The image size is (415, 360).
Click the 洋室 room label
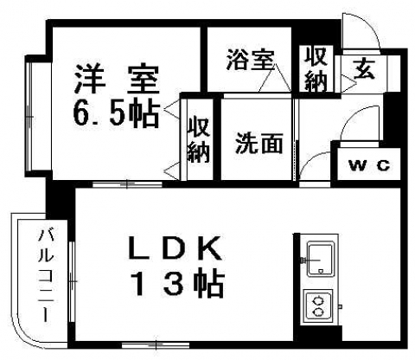[x=117, y=80]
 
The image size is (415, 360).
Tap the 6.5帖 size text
[x=117, y=113]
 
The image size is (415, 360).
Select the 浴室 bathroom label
[x=250, y=60]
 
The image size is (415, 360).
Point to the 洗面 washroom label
[x=259, y=143]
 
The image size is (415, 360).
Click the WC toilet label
[x=369, y=165]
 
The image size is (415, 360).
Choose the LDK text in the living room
[x=176, y=248]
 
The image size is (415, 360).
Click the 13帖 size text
[x=178, y=284]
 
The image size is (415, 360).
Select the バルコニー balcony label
[x=46, y=275]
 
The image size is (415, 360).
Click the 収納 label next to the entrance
[x=316, y=69]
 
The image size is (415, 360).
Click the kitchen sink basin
[x=320, y=260]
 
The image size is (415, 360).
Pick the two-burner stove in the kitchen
[x=318, y=305]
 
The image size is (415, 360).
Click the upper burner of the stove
[x=318, y=301]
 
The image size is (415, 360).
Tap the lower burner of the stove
[x=318, y=312]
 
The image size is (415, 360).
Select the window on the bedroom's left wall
[x=29, y=116]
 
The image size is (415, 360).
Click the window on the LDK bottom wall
[x=156, y=344]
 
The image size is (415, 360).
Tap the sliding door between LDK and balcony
[x=72, y=280]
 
